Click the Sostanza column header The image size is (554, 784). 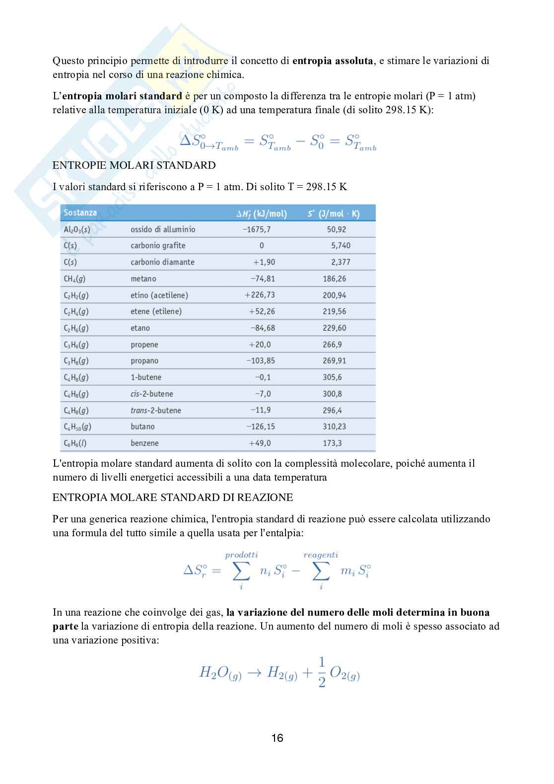point(80,213)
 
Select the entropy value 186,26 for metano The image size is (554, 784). point(335,279)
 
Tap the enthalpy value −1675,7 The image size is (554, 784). point(257,229)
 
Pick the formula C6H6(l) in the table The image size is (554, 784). point(75,443)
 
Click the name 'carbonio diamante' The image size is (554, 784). point(162,262)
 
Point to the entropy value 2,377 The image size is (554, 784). point(341,262)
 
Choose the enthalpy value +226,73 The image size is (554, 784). point(260,295)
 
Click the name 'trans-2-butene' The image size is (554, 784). point(155,410)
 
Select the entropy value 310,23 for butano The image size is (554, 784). point(335,427)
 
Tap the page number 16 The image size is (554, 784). point(277,738)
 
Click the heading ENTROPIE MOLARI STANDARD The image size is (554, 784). point(134,165)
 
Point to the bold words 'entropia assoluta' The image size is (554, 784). point(333,61)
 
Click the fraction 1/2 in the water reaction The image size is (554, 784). point(322,672)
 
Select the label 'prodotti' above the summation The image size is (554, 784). point(241,555)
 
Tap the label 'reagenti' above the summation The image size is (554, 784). point(321,555)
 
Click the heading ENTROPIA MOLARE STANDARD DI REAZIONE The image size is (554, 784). point(173,498)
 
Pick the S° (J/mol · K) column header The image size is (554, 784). point(334,214)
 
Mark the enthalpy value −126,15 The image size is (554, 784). point(261,427)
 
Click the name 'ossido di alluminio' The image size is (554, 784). point(163,229)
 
